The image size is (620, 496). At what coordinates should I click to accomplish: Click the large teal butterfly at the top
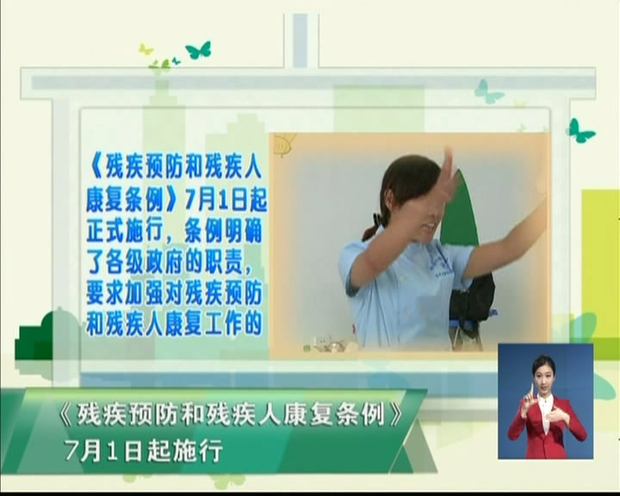click(x=199, y=50)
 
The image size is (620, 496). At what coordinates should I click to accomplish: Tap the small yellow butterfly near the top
click(x=146, y=48)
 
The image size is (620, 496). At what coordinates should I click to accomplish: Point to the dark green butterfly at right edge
click(x=580, y=131)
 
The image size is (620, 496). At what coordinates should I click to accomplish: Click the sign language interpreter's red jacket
click(x=547, y=428)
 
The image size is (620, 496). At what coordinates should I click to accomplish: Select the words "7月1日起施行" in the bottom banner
click(x=144, y=449)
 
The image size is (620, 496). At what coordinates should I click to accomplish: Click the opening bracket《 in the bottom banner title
click(x=65, y=415)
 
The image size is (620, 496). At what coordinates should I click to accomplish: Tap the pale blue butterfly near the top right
click(x=488, y=92)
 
